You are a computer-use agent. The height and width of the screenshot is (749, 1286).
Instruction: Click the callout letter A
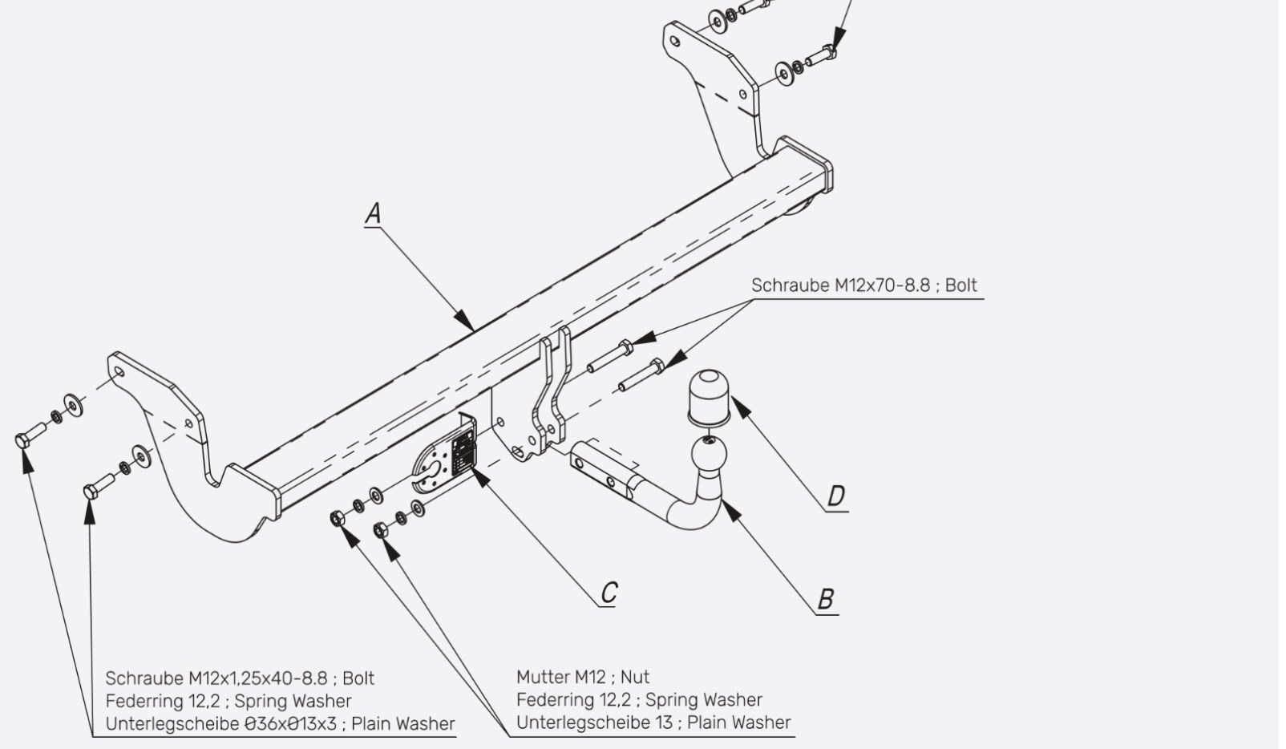[x=373, y=213]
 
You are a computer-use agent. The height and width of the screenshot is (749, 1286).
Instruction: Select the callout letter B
[x=825, y=600]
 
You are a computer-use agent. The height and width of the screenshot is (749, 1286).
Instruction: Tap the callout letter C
[x=609, y=592]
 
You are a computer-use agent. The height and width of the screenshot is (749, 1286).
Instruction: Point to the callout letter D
[x=836, y=496]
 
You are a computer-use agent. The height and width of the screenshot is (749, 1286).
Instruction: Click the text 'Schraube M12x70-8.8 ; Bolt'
[x=864, y=285]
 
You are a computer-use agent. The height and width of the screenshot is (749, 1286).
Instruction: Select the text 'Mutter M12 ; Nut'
[x=583, y=677]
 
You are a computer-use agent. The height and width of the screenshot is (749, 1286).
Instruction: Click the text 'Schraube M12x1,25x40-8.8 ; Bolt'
[x=240, y=678]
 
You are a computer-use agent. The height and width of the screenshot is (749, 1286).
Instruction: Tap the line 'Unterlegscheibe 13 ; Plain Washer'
[x=653, y=723]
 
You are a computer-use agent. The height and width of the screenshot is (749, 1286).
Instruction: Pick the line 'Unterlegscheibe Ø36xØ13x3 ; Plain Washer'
[x=280, y=723]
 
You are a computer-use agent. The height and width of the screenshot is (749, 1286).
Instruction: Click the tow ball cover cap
[x=709, y=397]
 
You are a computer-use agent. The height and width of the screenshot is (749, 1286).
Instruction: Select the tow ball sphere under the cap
[x=709, y=454]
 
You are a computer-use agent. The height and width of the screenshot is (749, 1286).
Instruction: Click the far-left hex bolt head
[x=23, y=440]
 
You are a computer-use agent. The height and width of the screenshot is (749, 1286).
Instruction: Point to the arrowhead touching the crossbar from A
[x=464, y=321]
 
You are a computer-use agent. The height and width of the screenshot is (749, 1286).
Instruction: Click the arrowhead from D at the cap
[x=741, y=407]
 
